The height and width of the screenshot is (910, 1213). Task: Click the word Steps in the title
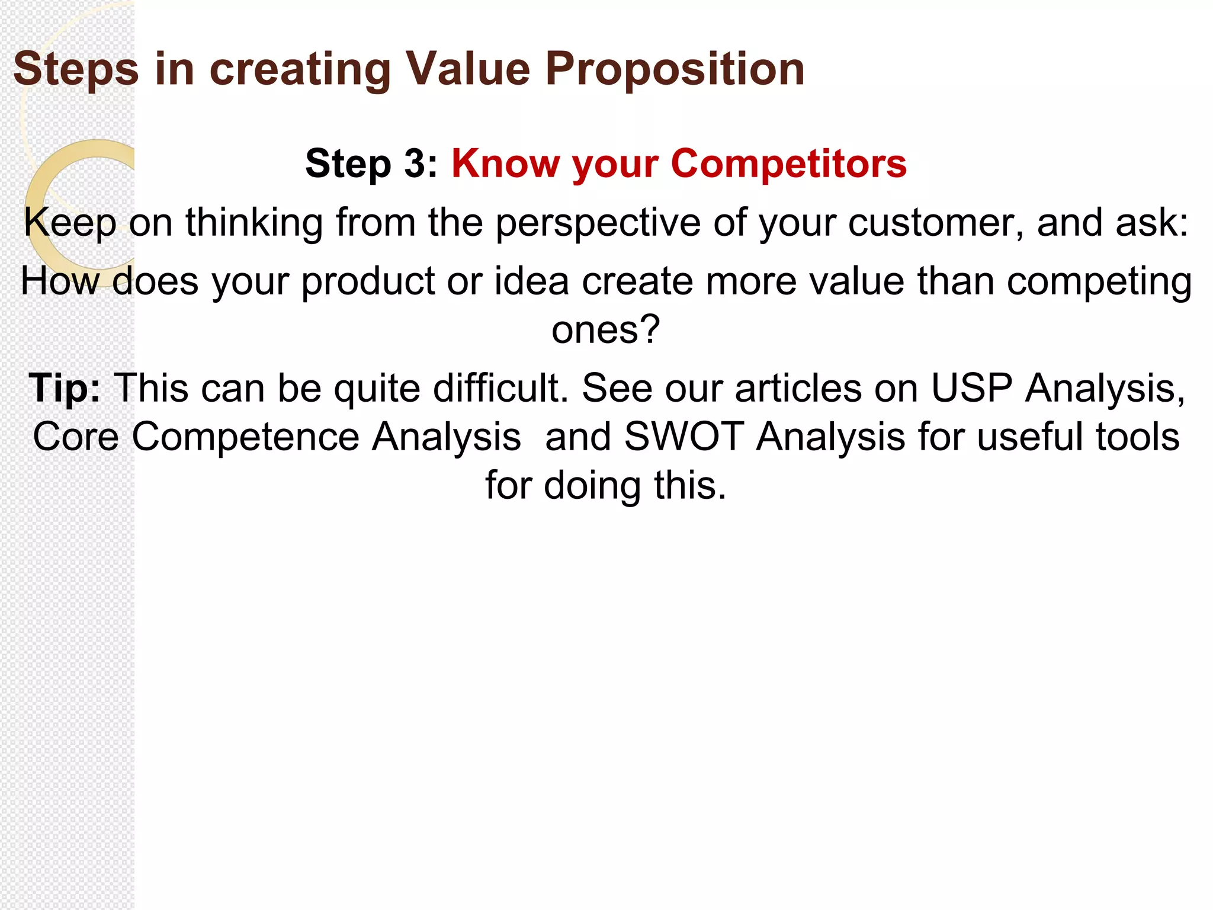click(x=76, y=70)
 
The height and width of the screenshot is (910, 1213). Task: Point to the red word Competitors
click(x=788, y=163)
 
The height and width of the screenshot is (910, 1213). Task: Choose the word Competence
click(x=245, y=437)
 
